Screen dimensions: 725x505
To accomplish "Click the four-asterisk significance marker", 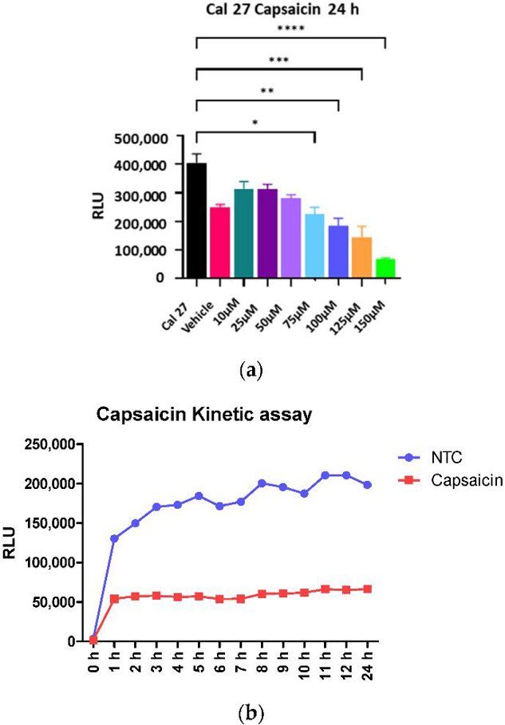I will click(290, 30).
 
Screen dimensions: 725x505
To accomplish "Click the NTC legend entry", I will click(435, 456).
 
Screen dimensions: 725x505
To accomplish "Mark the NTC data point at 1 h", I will click(113, 538).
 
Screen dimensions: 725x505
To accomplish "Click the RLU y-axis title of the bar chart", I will click(102, 207).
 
